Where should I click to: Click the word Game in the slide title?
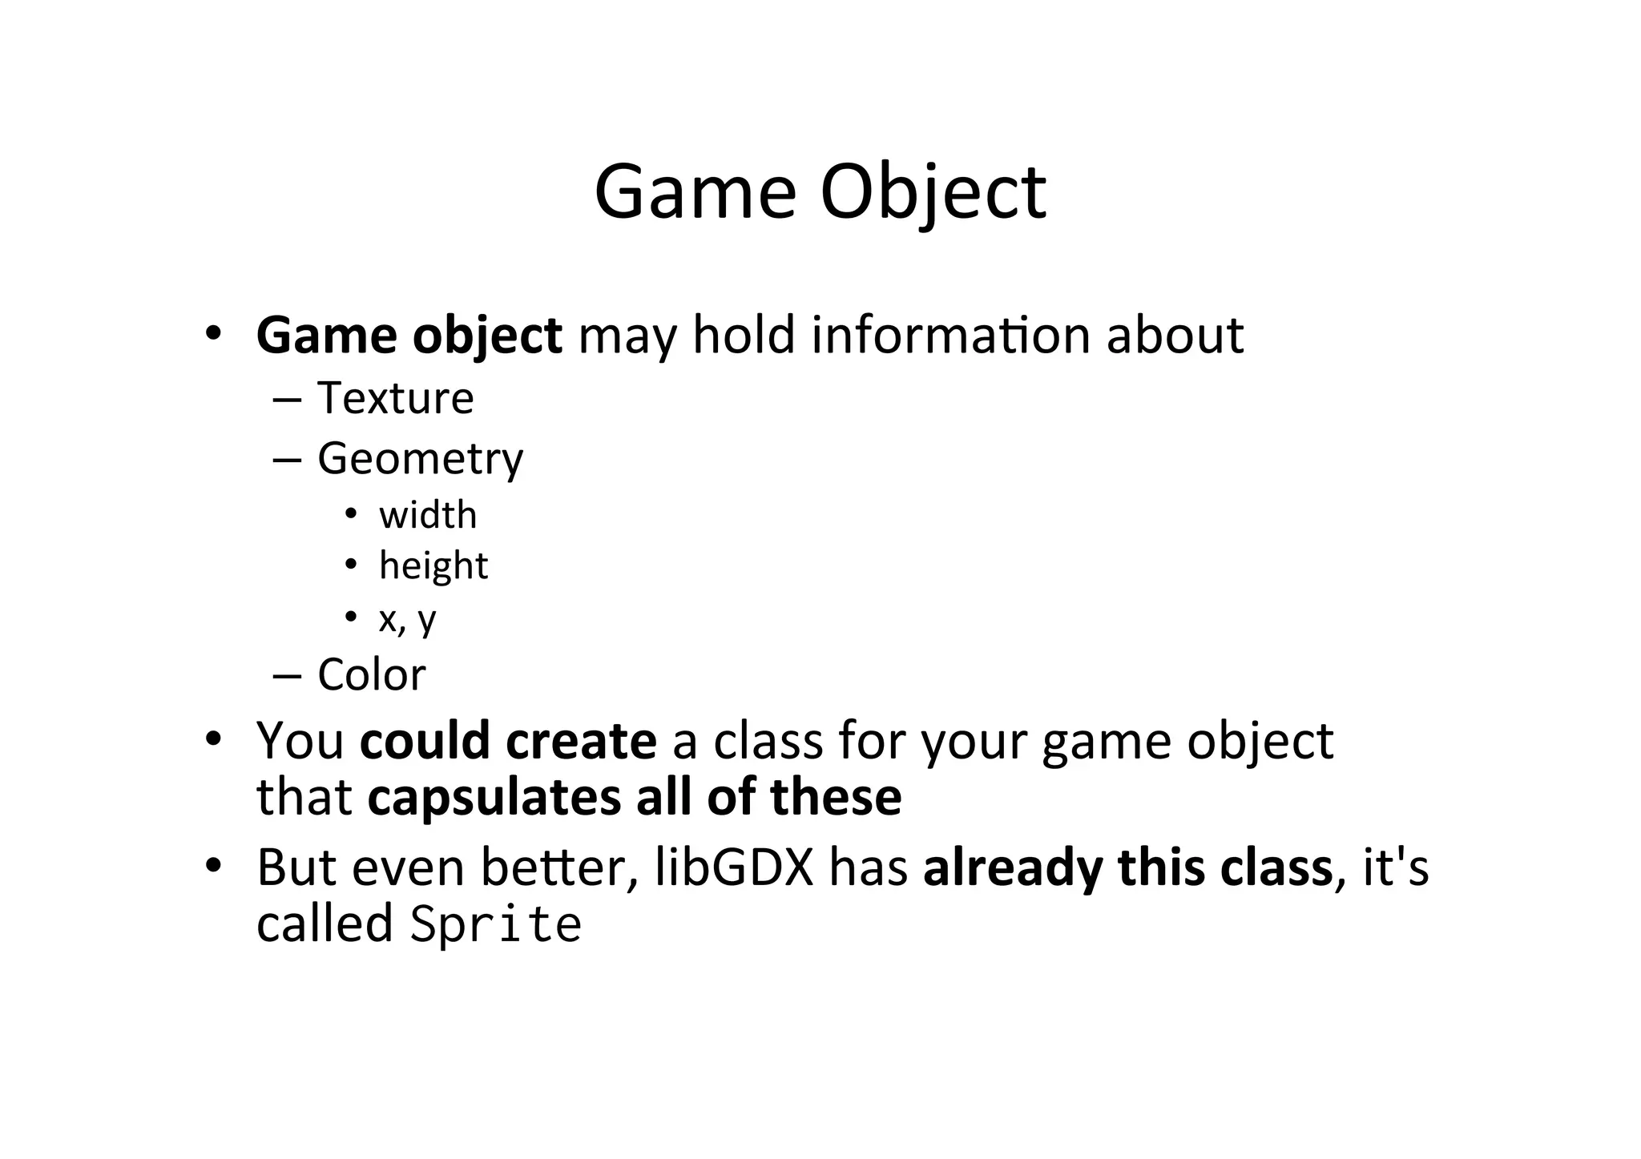tap(695, 192)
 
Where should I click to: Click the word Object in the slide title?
tap(933, 192)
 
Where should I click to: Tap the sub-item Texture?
tap(395, 398)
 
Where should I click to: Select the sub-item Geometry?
tap(420, 459)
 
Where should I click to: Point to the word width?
tap(428, 515)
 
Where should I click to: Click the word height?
tap(433, 566)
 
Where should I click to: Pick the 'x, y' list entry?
tap(407, 618)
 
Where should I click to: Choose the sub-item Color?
tap(372, 674)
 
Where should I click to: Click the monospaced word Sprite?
tap(495, 924)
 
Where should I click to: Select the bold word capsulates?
tap(494, 798)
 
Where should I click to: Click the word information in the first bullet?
tap(950, 335)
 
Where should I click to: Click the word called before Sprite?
tap(325, 924)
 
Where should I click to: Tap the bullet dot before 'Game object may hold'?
tap(212, 333)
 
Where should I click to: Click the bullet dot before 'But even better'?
tap(212, 866)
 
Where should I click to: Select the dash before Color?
tap(287, 675)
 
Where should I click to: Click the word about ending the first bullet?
tap(1175, 335)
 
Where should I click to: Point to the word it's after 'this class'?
tap(1395, 867)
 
